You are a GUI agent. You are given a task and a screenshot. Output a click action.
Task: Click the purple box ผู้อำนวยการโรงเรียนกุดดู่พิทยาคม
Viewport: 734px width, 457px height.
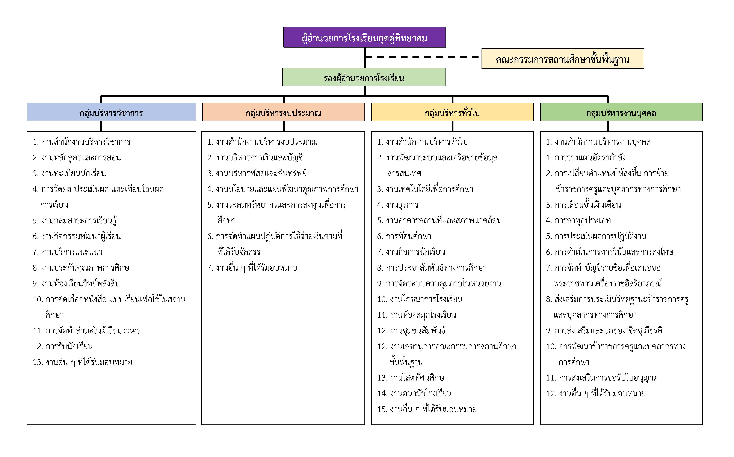point(364,37)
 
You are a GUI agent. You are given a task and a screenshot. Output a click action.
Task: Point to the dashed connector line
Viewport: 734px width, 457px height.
point(423,57)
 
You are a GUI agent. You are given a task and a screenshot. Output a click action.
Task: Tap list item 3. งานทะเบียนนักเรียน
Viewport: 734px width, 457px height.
point(69,173)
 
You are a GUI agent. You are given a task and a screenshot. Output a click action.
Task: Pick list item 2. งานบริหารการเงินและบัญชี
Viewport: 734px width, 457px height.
point(255,157)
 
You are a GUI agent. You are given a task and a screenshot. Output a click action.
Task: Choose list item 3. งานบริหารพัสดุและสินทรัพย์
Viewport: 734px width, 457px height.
point(257,173)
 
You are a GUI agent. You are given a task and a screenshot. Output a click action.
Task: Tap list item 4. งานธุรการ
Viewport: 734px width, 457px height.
point(398,205)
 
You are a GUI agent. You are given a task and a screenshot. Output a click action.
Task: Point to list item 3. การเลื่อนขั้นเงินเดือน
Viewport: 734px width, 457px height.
point(583,205)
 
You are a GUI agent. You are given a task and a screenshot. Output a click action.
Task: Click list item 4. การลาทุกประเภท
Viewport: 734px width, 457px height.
point(578,220)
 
